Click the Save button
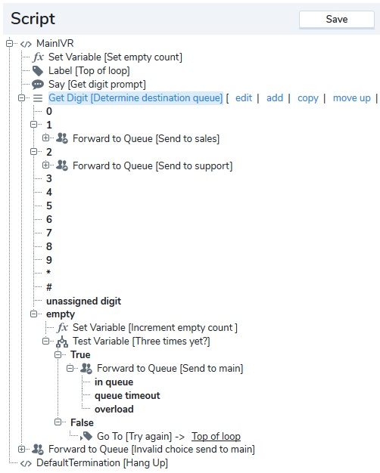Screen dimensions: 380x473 pyautogui.click(x=336, y=20)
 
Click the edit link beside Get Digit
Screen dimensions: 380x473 pyautogui.click(x=244, y=98)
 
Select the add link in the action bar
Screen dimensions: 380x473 pyautogui.click(x=275, y=98)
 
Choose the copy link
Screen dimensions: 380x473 pyautogui.click(x=308, y=98)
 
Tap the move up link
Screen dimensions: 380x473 pyautogui.click(x=351, y=98)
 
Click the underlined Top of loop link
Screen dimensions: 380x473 pyautogui.click(x=216, y=436)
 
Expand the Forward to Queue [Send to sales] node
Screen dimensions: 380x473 pyautogui.click(x=45, y=138)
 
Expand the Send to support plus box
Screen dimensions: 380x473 pyautogui.click(x=45, y=165)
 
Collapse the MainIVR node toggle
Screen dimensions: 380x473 pyautogui.click(x=9, y=43)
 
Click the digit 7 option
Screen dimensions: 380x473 pyautogui.click(x=49, y=233)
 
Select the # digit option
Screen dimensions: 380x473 pyautogui.click(x=49, y=287)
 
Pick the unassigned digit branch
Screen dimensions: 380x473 pyautogui.click(x=83, y=301)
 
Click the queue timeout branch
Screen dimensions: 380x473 pyautogui.click(x=127, y=395)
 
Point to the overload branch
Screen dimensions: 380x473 pyautogui.click(x=114, y=409)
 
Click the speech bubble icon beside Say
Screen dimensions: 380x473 pyautogui.click(x=38, y=85)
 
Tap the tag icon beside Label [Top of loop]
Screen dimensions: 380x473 pyautogui.click(x=38, y=71)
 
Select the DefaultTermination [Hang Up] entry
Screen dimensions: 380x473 pyautogui.click(x=102, y=463)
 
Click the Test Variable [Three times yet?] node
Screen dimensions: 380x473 pyautogui.click(x=142, y=342)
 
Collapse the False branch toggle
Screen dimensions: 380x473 pyautogui.click(x=58, y=422)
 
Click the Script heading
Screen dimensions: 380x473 pyautogui.click(x=33, y=19)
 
